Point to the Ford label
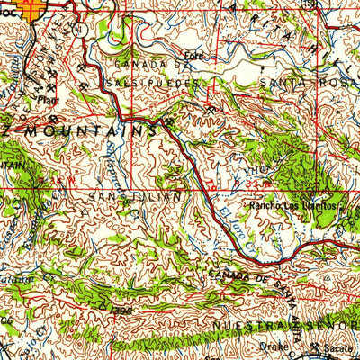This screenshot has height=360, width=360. (190, 54)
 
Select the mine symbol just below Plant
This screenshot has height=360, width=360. (54, 116)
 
